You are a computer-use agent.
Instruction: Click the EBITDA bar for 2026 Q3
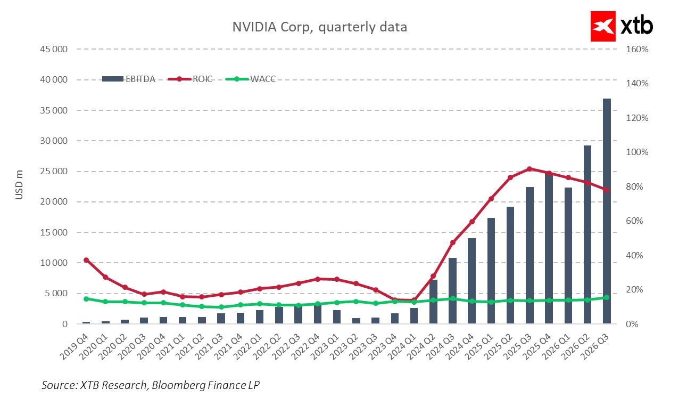(x=607, y=213)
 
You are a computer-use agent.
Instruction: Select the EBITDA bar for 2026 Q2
(x=588, y=234)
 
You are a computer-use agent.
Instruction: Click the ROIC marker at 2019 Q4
(x=86, y=260)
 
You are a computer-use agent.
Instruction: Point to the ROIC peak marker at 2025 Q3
(x=529, y=169)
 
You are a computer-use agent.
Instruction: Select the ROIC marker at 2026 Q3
(x=607, y=190)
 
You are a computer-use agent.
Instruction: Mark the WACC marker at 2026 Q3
(x=607, y=297)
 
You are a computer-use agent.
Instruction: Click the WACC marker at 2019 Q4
(x=86, y=299)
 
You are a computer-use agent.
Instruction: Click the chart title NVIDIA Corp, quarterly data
(x=319, y=27)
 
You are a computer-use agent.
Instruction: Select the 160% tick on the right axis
(x=636, y=50)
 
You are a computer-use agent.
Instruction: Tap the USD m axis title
(x=19, y=186)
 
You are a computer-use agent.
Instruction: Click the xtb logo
(x=622, y=26)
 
